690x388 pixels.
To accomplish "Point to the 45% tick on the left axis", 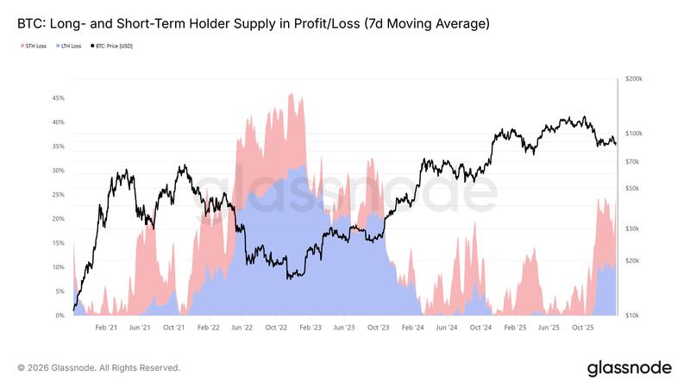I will click(x=59, y=98).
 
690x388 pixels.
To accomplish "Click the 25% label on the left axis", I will click(x=59, y=195).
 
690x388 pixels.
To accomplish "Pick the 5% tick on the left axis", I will click(x=60, y=291).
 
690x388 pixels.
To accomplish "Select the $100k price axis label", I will click(x=634, y=134).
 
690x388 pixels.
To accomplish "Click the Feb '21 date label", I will click(x=106, y=328).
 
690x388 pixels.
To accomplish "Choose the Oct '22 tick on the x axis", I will click(x=276, y=328).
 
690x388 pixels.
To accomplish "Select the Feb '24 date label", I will click(x=412, y=328).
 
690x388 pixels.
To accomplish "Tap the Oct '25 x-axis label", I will click(x=583, y=328).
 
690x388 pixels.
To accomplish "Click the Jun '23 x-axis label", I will click(x=344, y=328).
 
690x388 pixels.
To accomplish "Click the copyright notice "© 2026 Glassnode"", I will click(x=98, y=367).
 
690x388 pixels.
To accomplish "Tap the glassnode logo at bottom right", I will click(x=629, y=368).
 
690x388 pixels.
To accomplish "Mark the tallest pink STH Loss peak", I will click(x=291, y=94).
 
